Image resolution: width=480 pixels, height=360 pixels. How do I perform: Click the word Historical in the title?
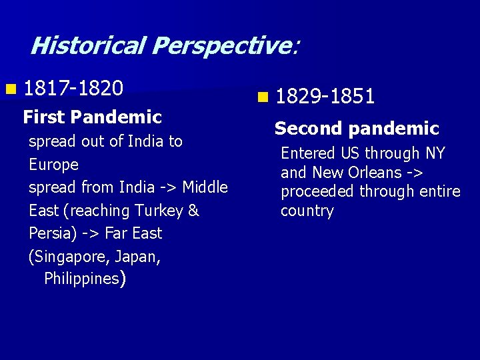click(88, 45)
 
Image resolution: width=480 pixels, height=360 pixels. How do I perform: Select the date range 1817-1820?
click(73, 87)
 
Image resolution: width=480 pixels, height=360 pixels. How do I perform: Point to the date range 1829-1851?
click(325, 97)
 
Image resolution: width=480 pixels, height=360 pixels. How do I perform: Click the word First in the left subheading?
click(44, 117)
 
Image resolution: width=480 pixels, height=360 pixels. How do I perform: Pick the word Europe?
click(53, 165)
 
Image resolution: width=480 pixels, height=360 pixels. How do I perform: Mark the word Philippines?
click(81, 279)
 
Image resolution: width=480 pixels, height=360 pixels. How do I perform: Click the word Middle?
click(205, 187)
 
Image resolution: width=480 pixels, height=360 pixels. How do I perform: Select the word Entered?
click(308, 153)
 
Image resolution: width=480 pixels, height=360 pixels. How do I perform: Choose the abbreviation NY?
click(435, 153)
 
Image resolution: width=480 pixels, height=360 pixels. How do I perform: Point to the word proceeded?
click(317, 192)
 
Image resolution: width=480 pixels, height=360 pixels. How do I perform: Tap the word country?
click(307, 211)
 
